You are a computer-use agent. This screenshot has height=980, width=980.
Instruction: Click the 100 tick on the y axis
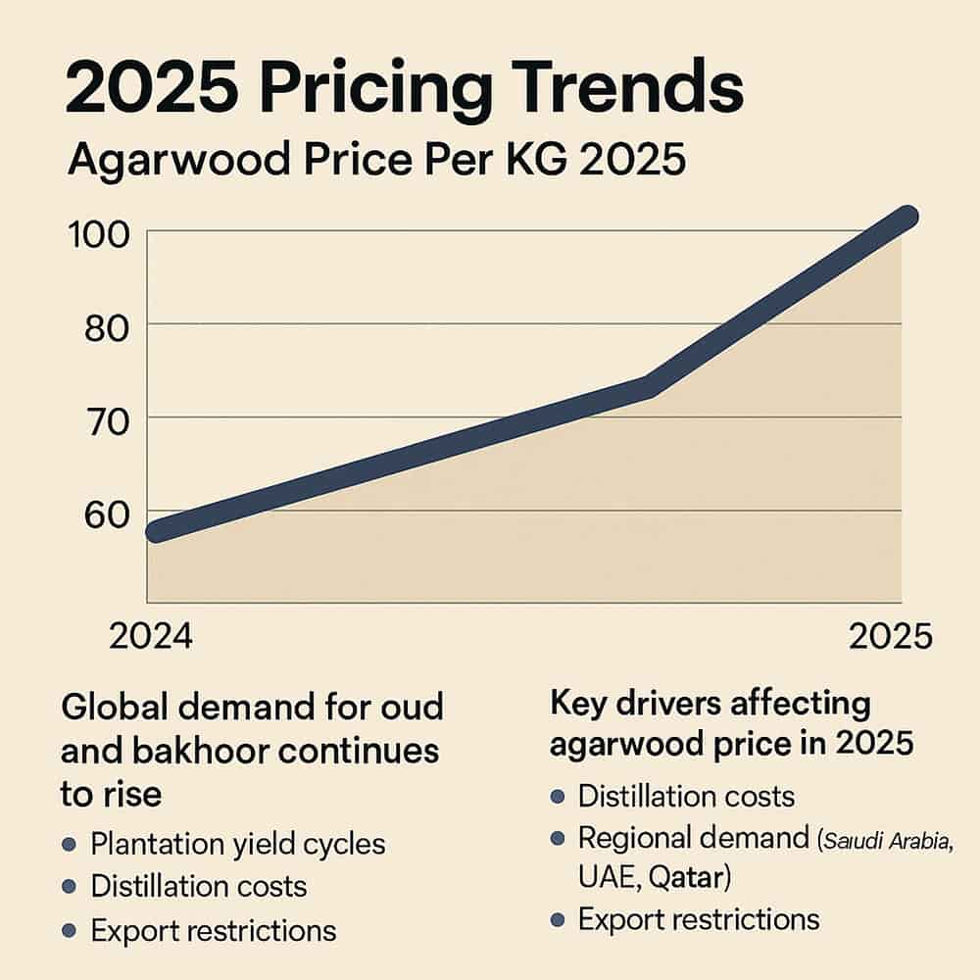click(100, 235)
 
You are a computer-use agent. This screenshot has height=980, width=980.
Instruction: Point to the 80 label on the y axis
click(105, 327)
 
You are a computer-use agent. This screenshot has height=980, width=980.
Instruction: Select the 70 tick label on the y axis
click(105, 421)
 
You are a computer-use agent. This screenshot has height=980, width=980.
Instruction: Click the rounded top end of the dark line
click(906, 218)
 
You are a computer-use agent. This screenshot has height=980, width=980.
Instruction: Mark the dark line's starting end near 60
click(160, 530)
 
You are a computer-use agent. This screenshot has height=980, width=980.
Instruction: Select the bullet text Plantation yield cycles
click(238, 844)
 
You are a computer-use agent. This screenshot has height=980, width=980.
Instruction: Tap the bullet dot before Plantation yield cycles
click(69, 845)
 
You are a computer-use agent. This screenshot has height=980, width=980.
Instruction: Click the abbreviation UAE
click(610, 878)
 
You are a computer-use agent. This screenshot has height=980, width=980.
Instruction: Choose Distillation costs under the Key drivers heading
click(686, 796)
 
